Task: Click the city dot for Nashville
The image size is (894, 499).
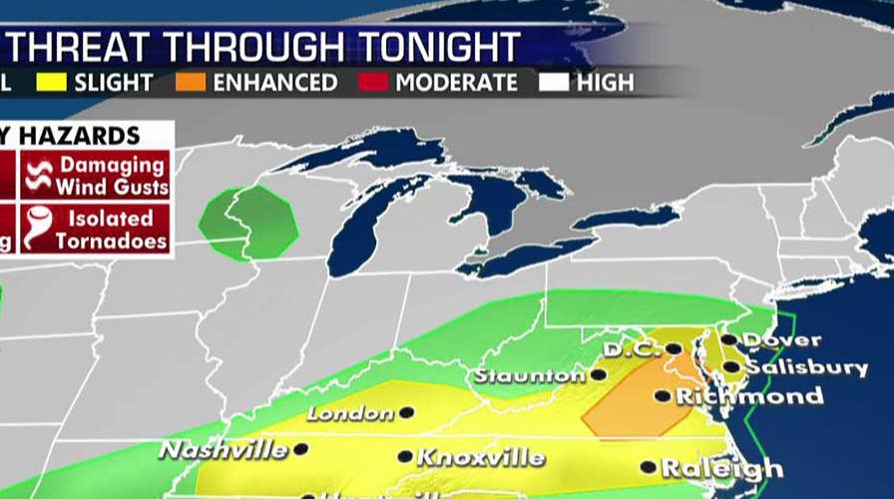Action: (300, 449)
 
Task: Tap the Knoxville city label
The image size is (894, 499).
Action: (481, 458)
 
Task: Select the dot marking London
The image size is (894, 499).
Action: (407, 411)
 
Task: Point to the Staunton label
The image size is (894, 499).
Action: (530, 376)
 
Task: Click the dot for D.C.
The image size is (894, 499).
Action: (675, 349)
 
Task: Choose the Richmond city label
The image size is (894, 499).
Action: (750, 396)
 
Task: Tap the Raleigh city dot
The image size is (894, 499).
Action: (649, 466)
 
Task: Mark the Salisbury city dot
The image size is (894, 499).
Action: (731, 367)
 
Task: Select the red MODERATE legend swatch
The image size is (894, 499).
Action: (377, 82)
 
